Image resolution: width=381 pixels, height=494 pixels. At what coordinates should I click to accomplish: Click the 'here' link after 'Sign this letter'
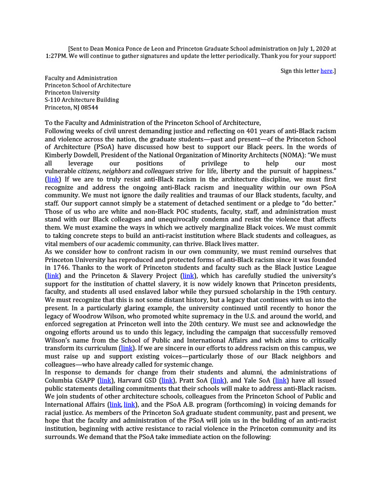327,71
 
